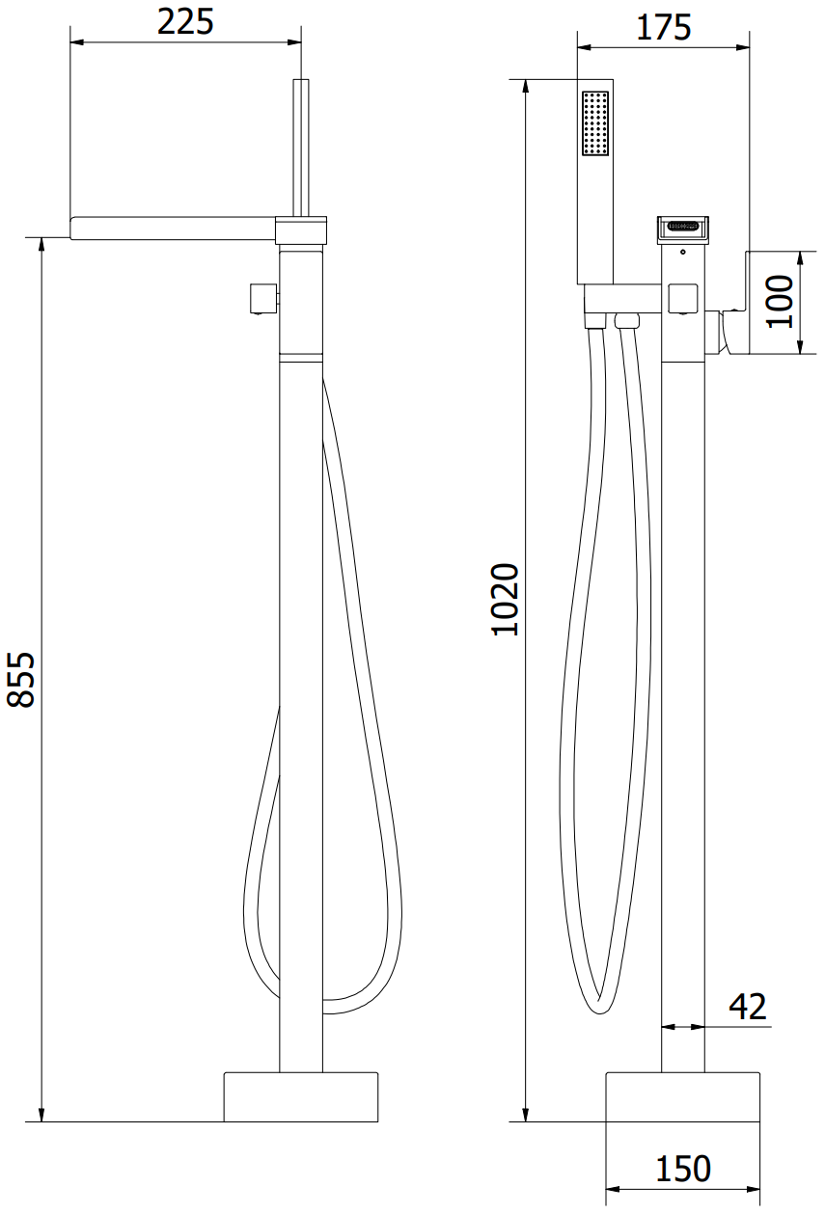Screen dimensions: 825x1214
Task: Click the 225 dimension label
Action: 185,22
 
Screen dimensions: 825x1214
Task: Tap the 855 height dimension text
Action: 20,680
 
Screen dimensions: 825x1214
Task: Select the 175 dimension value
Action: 663,27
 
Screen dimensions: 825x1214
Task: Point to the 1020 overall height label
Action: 505,599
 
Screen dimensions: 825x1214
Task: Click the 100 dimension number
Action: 780,302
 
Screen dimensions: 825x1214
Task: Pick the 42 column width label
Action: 748,1007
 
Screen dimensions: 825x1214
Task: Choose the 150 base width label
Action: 683,1169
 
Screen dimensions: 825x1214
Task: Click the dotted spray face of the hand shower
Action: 595,123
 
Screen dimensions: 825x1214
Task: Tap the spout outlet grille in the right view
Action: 683,226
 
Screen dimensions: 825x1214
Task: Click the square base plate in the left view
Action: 301,1096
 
